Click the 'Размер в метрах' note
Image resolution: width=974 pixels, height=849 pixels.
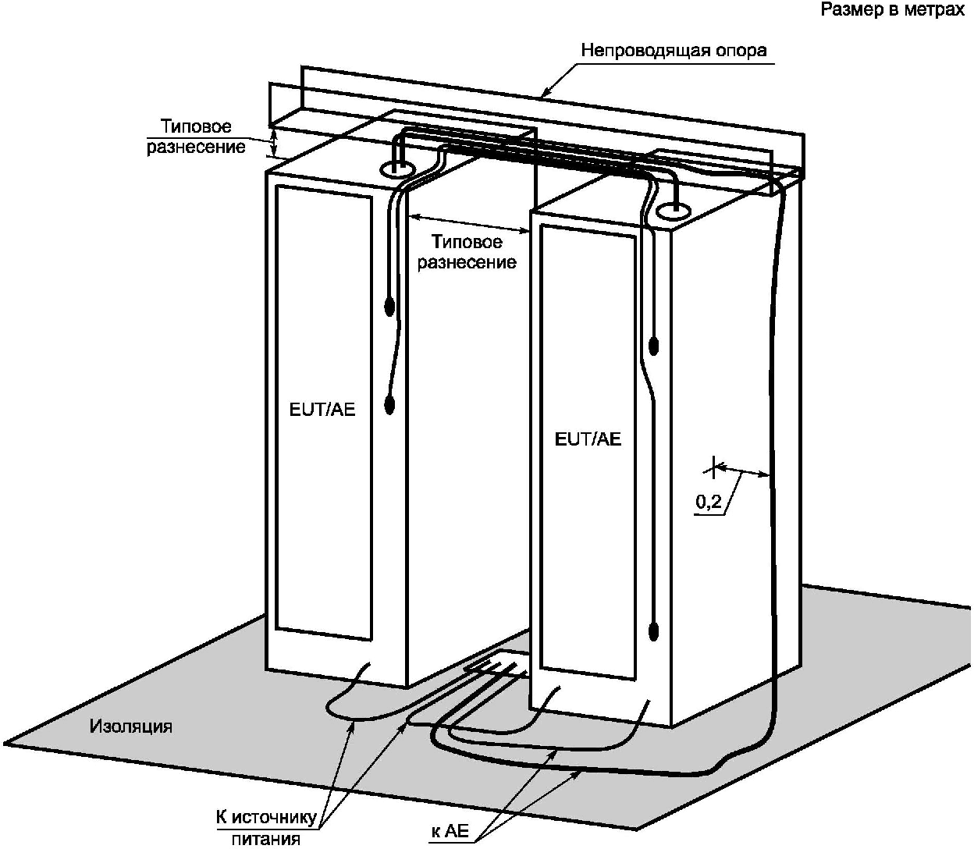892,11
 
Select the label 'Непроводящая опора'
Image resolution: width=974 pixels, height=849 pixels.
674,51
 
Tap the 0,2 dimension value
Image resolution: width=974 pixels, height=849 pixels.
708,503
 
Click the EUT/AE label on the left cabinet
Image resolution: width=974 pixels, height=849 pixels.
322,409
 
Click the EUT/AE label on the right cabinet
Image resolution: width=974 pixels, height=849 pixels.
588,439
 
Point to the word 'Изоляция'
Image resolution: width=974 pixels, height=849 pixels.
130,726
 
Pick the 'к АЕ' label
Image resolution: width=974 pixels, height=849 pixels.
450,832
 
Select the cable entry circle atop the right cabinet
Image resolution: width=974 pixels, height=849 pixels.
671,210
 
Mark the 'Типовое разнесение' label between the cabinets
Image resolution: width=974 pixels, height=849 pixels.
467,252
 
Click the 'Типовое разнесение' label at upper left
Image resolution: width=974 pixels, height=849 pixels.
196,137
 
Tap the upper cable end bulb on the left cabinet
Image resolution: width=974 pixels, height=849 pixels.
389,307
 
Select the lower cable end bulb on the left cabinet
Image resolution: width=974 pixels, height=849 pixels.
389,404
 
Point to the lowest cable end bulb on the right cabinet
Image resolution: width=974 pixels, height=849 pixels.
654,630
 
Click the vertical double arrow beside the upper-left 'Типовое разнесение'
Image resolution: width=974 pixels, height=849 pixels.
273,143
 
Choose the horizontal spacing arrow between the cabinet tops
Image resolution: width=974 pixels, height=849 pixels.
469,222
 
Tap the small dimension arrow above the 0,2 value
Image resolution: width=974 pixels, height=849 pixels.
741,470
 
